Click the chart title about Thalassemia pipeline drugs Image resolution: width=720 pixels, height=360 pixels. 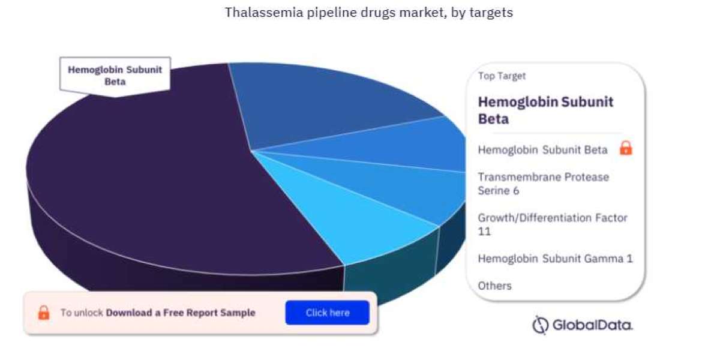coord(368,13)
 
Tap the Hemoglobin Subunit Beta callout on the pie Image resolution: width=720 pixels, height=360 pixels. coord(115,76)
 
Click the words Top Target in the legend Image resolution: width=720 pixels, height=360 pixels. coord(502,76)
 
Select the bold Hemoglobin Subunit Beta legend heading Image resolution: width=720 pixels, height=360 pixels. coord(545,110)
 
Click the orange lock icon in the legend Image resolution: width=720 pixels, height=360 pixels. coord(626,148)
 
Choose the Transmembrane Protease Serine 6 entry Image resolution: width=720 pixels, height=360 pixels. coord(543,184)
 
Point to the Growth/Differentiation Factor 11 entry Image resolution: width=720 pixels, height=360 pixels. coord(552,224)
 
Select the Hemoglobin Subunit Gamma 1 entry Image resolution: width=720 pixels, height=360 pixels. coord(555,259)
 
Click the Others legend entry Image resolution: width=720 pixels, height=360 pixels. coord(494,286)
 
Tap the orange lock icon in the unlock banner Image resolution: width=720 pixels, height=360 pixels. coord(44,313)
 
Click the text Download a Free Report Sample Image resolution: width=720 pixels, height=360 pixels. coord(181,313)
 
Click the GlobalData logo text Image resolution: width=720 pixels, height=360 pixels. coord(592,325)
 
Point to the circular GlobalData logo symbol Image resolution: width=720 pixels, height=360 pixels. coord(540,325)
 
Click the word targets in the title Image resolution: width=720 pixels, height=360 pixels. coord(491,13)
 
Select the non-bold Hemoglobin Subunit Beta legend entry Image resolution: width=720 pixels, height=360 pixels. coord(542,150)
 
